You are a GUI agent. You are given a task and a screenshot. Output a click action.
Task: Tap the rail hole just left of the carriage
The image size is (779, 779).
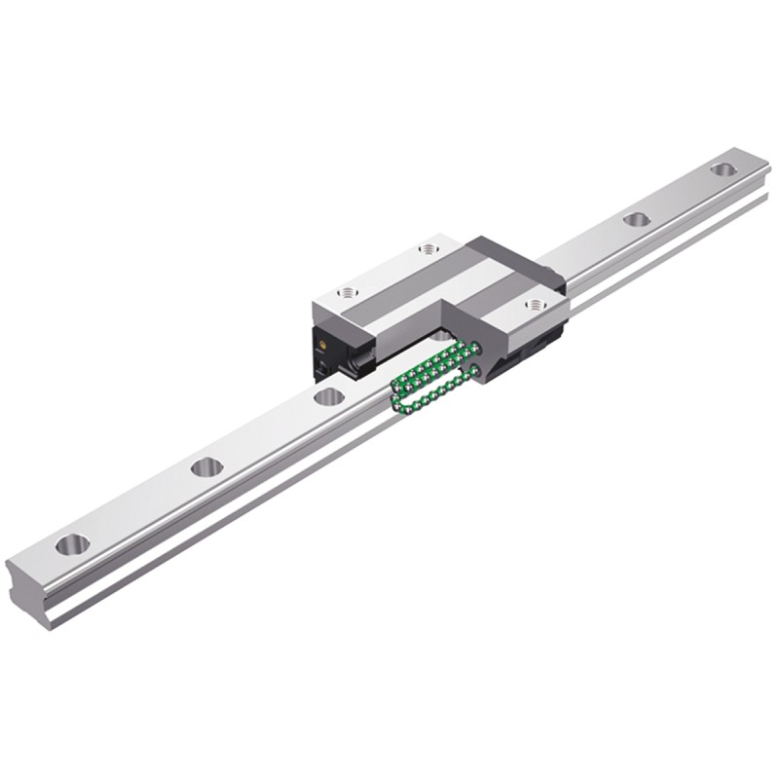tap(329, 396)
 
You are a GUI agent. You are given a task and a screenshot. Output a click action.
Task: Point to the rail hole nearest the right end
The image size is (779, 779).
tap(722, 169)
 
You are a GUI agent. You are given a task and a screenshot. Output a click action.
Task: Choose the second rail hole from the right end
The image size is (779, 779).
tap(636, 219)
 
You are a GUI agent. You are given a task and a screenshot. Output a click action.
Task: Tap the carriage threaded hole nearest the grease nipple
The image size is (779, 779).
tap(348, 292)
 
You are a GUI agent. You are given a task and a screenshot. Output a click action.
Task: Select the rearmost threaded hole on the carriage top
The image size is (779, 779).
tap(428, 249)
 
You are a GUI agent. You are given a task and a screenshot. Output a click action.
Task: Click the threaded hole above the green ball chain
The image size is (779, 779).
tap(535, 305)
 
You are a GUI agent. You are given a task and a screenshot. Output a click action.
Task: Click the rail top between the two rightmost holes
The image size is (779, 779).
tap(679, 195)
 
